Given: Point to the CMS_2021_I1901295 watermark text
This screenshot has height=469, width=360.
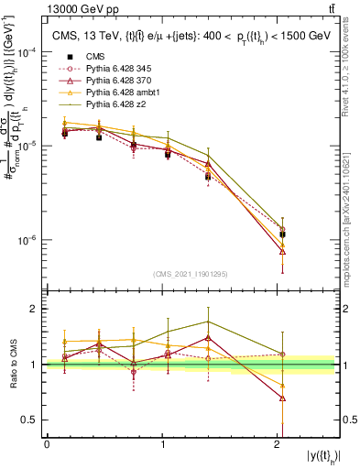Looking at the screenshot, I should pyautogui.click(x=191, y=275).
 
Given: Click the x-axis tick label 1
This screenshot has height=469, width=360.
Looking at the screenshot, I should pyautogui.click(x=163, y=445).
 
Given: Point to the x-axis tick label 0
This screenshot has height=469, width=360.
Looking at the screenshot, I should pyautogui.click(x=47, y=445).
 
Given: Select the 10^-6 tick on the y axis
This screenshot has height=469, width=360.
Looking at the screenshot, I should pyautogui.click(x=27, y=241).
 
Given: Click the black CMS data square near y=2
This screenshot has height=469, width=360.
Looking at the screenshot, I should pyautogui.click(x=282, y=234).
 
